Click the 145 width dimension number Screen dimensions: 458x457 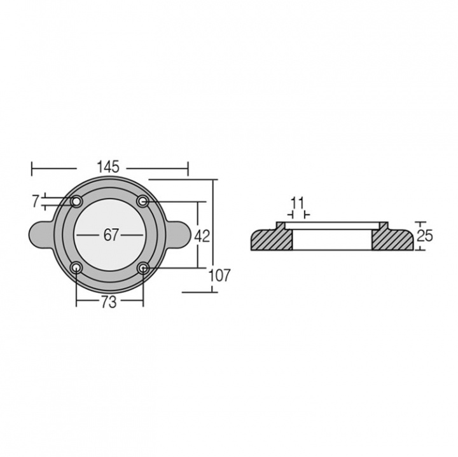click(x=108, y=167)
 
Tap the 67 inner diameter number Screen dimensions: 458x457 click(x=111, y=235)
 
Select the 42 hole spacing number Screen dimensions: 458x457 click(x=202, y=236)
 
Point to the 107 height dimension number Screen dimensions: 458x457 click(x=220, y=275)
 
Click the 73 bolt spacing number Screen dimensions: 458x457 click(x=109, y=303)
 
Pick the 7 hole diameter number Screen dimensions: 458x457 click(x=36, y=201)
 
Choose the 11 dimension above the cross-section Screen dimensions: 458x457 click(x=298, y=203)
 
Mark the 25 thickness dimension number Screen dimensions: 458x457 click(x=425, y=236)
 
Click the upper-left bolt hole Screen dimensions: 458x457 click(x=76, y=201)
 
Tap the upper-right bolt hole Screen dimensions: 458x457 click(x=143, y=201)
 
